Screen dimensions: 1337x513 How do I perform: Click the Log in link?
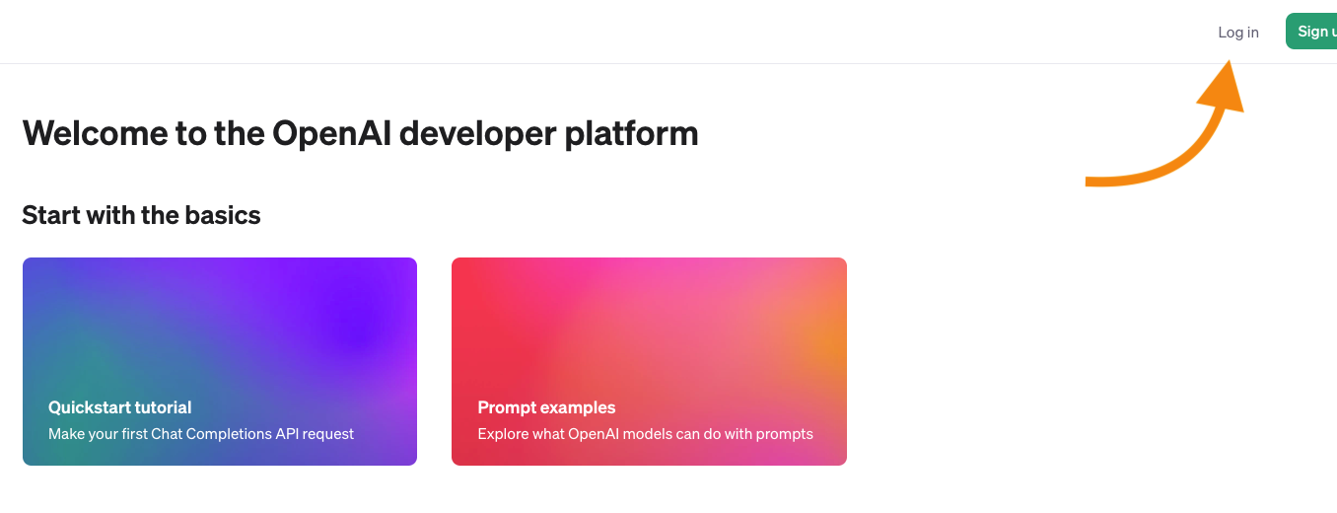(x=1238, y=33)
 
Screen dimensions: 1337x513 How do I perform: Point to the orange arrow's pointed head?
(x=1229, y=60)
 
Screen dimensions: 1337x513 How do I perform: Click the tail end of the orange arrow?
(x=1087, y=183)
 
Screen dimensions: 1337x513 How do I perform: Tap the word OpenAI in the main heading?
(x=331, y=134)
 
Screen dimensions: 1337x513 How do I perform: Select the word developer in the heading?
(x=477, y=134)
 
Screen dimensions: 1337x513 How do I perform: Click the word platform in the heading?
(x=631, y=134)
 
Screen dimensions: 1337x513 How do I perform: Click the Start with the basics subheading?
(x=141, y=215)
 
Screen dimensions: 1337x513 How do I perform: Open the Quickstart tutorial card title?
(x=120, y=407)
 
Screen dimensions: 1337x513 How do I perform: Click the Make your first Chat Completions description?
(x=201, y=433)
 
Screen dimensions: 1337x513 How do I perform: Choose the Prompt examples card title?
(x=546, y=407)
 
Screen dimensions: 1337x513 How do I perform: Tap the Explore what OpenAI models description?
(x=645, y=433)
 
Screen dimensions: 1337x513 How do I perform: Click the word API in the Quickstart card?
(x=287, y=433)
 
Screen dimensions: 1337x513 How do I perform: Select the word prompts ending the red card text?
(x=784, y=434)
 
